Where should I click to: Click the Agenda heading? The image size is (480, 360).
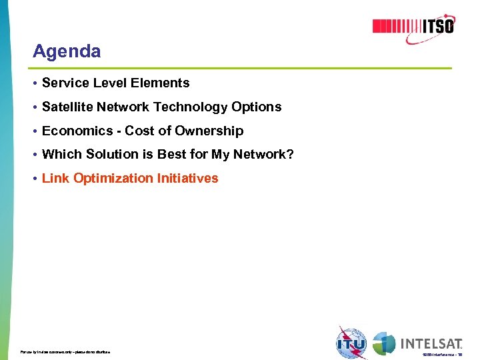point(67,51)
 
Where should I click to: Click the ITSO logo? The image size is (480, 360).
point(413,26)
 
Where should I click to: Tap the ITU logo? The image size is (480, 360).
point(351,343)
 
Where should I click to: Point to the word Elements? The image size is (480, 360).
point(164,83)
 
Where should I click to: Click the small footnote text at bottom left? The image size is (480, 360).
point(65,351)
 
